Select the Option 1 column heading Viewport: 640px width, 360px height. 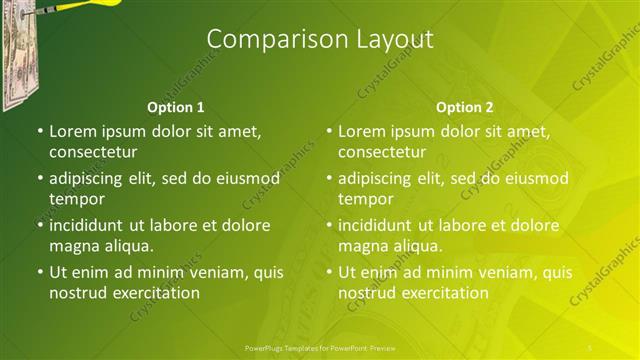coord(176,107)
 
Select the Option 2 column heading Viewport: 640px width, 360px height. coord(465,107)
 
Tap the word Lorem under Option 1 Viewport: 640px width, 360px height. coord(72,131)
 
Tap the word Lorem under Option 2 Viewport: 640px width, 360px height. coord(361,131)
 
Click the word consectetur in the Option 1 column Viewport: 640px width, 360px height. coord(93,152)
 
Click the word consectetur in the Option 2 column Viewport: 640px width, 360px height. coord(382,152)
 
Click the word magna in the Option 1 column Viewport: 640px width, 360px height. coord(72,246)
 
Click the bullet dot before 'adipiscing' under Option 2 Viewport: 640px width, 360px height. coord(329,178)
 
